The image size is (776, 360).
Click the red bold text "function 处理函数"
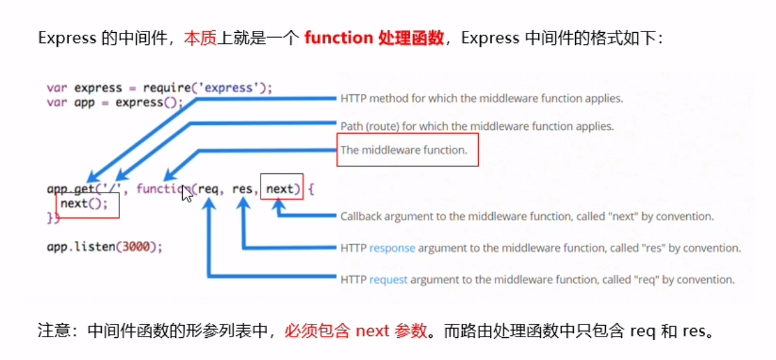[374, 38]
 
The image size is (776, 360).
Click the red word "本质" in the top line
[199, 38]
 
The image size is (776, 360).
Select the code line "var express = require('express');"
[160, 88]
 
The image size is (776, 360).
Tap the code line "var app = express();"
[115, 102]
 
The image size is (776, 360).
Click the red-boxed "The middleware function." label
[404, 150]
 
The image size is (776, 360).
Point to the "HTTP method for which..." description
[481, 98]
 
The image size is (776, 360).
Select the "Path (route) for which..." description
[477, 125]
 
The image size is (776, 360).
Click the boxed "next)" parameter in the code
[281, 189]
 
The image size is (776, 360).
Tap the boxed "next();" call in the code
[84, 203]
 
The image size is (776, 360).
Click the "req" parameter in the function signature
[208, 189]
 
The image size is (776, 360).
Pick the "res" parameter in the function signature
[242, 189]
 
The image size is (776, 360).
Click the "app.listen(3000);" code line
[104, 246]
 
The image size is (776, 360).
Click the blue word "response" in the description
[392, 248]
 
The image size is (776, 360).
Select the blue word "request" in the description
[388, 279]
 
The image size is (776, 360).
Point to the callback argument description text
[527, 217]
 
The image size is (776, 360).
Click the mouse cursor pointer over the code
[187, 193]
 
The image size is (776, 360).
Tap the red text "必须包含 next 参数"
[356, 331]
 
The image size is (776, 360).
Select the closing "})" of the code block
[53, 217]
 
